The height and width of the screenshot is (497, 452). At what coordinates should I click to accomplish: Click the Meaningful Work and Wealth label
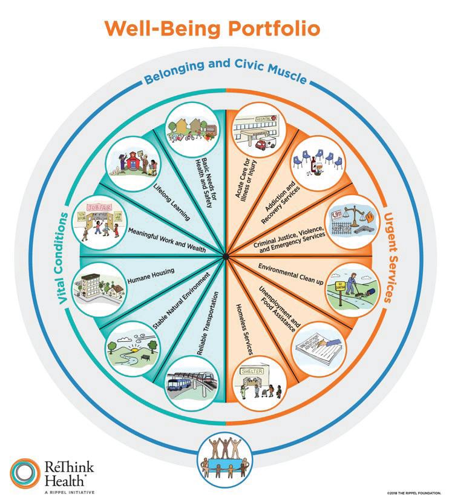coord(167,241)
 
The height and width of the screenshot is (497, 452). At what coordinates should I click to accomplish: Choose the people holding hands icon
coord(225,458)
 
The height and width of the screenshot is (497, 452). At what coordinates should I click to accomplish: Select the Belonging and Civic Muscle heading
coord(225,78)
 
